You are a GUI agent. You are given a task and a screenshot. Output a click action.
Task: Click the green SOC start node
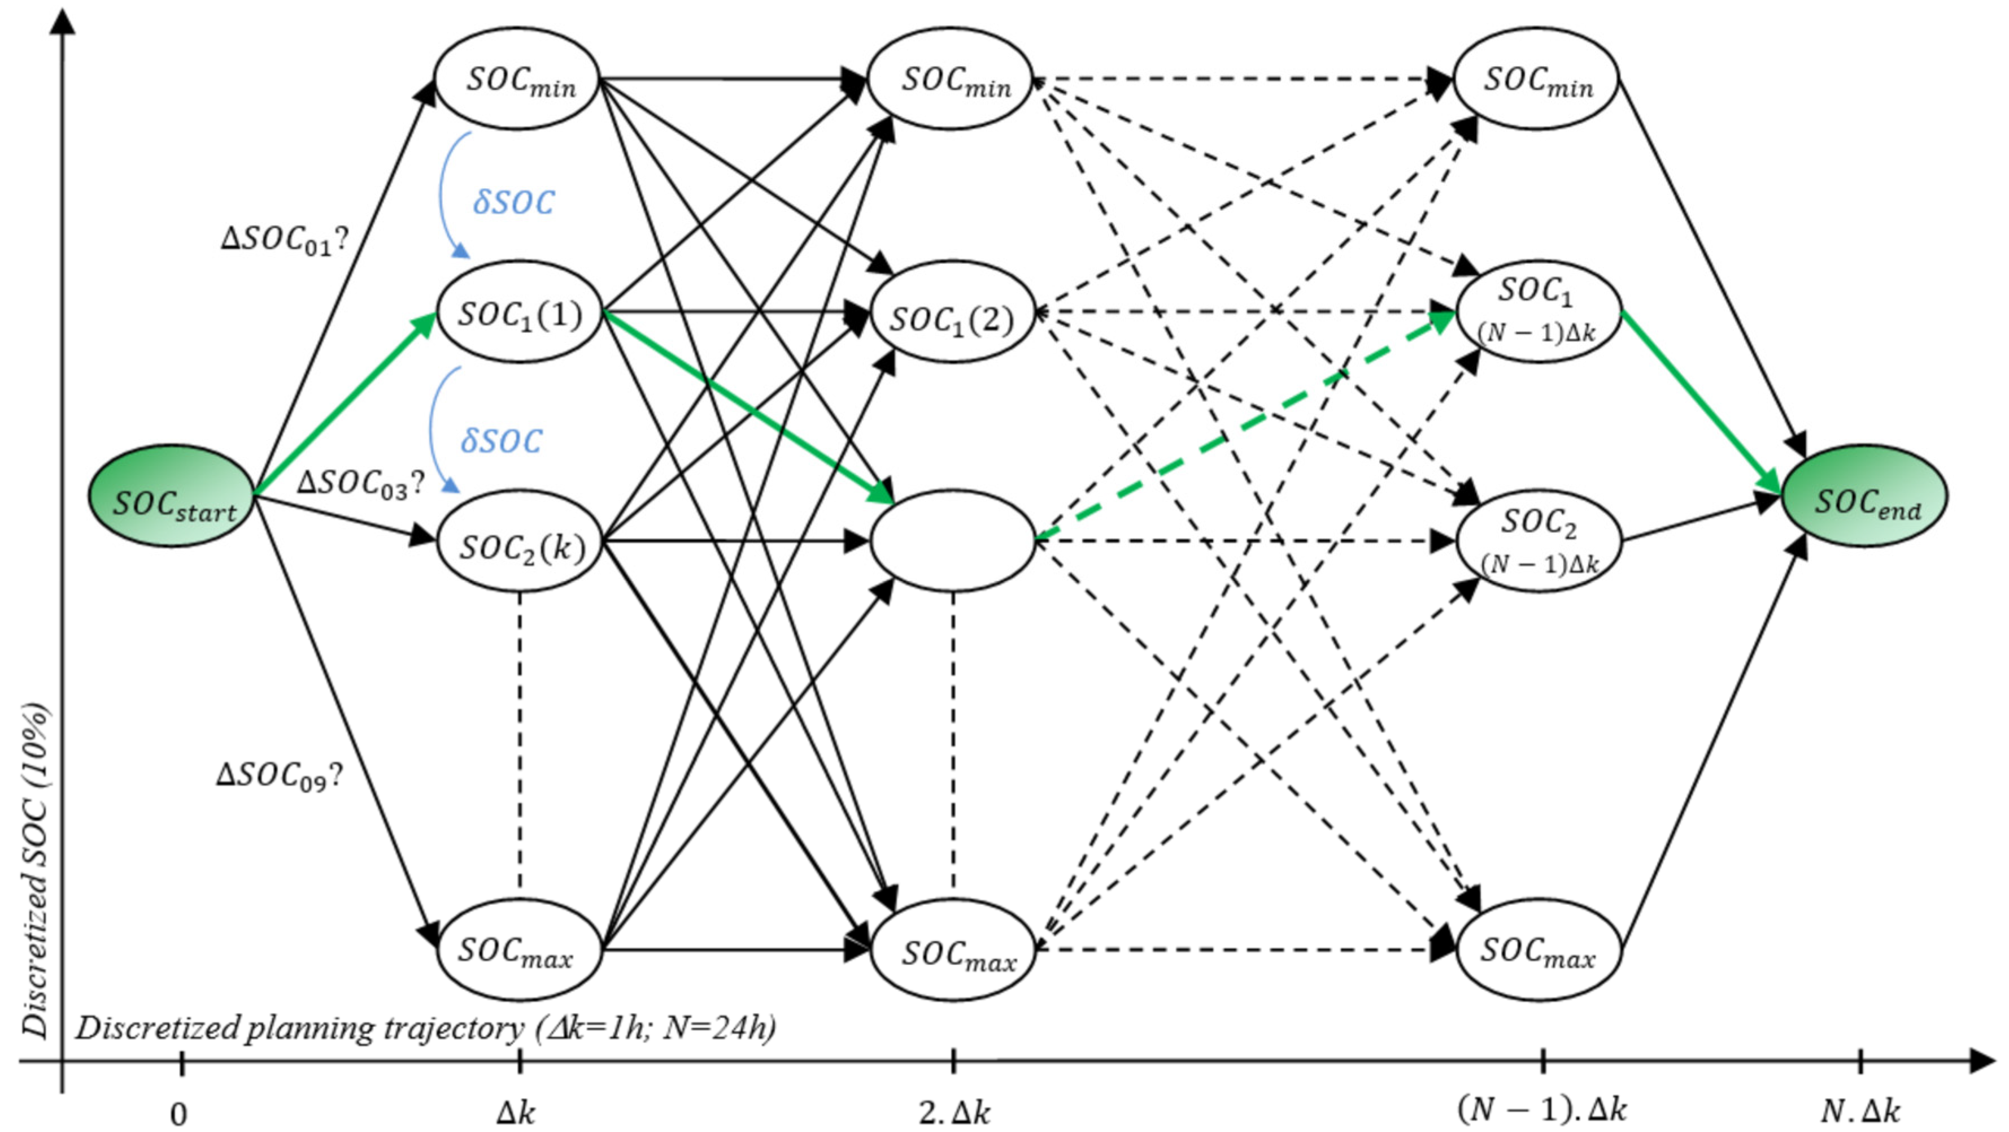click(172, 496)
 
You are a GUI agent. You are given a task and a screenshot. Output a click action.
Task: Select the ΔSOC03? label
click(360, 484)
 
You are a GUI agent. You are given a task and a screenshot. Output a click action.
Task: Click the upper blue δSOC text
click(513, 203)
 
